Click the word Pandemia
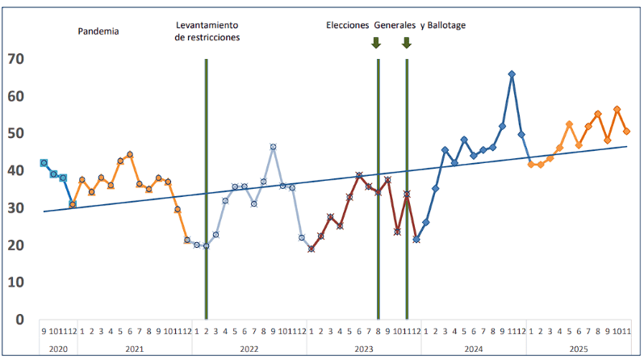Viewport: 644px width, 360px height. tap(98, 31)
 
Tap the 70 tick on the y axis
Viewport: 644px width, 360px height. tap(15, 59)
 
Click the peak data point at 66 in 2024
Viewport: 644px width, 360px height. tap(512, 74)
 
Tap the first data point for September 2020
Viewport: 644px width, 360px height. tap(44, 163)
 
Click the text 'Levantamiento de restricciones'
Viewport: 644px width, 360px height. tap(207, 31)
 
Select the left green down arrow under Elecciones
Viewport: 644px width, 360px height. tap(376, 43)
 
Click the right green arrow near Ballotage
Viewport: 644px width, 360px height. tap(407, 43)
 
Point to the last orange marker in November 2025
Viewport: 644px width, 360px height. tap(626, 132)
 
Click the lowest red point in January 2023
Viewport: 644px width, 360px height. tap(311, 249)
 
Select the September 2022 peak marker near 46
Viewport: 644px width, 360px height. tap(274, 147)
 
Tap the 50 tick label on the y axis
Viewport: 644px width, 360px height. tap(15, 133)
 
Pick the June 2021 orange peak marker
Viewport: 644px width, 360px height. tap(130, 154)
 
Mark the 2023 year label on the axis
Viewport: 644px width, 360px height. tap(363, 348)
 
